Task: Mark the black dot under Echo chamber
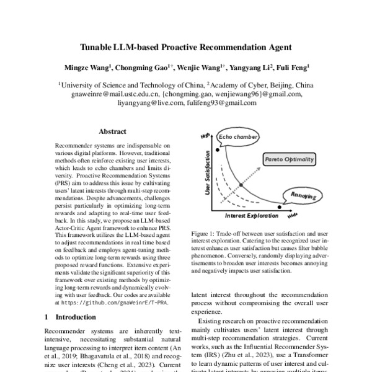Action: coord(217,149)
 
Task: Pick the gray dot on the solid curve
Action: coord(241,185)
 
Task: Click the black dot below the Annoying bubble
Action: coord(280,206)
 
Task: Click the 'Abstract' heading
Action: coord(113,131)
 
